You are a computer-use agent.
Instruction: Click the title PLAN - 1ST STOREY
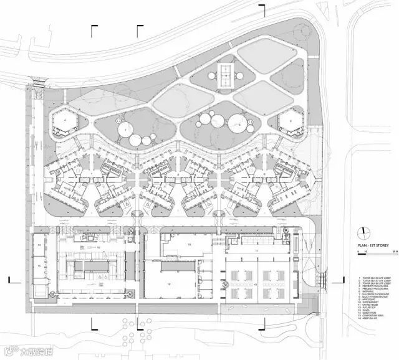pos(373,246)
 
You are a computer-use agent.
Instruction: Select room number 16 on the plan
pos(99,247)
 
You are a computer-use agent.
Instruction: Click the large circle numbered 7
pos(126,129)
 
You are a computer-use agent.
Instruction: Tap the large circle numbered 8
pos(239,124)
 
